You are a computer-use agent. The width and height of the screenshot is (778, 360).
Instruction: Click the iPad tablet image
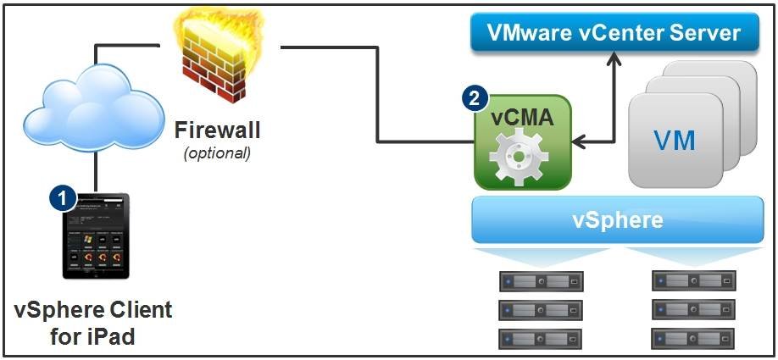tap(96, 236)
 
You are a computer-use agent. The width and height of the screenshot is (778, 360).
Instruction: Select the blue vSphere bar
tap(618, 220)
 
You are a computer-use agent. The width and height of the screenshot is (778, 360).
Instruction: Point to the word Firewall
tap(217, 130)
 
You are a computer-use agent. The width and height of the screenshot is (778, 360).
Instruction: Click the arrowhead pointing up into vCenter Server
tap(612, 59)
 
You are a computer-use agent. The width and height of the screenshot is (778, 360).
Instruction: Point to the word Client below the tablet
tap(137, 310)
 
